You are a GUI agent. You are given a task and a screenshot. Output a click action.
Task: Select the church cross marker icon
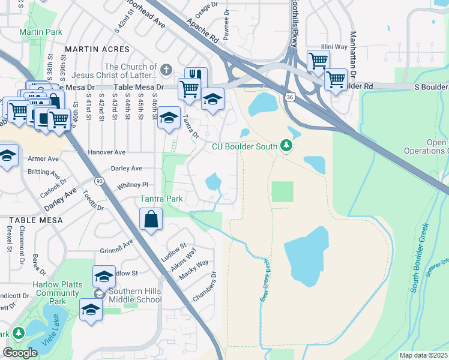[x=166, y=69]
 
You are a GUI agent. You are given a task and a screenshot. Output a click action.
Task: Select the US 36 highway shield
[x=290, y=97]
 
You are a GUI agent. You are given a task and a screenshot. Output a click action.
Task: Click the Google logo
[x=20, y=353]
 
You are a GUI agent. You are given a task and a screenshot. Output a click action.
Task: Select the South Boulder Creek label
[x=420, y=258]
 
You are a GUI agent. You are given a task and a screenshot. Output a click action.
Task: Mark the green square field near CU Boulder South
[x=282, y=192]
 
